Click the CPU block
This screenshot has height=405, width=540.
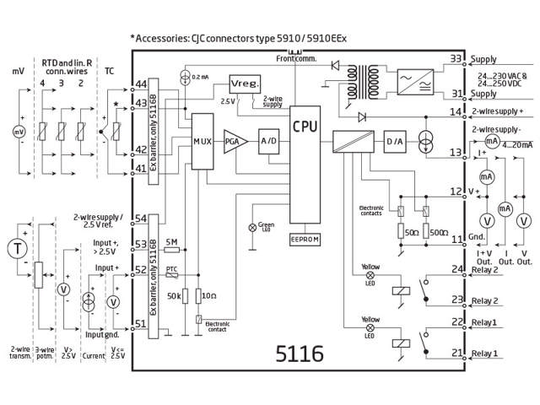tap(305, 127)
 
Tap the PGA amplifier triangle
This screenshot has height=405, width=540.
tap(232, 142)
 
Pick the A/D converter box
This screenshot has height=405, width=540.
tap(269, 141)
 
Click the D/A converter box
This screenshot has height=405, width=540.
tap(395, 141)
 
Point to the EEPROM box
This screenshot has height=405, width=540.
tap(305, 240)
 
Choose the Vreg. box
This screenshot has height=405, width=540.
tap(245, 85)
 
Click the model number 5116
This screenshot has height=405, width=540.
tap(300, 354)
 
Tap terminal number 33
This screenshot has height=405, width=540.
tap(456, 59)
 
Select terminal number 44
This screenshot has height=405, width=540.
tap(140, 84)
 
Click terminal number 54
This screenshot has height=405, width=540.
tap(140, 219)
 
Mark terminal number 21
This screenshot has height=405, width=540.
tap(456, 352)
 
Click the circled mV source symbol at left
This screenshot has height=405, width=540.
tap(18, 132)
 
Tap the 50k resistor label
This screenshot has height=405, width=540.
tap(173, 296)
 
